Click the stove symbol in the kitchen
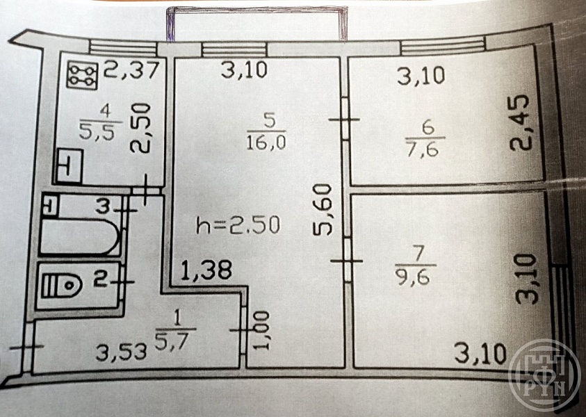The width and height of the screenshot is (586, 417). click(82, 76)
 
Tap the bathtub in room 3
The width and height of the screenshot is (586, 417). click(80, 238)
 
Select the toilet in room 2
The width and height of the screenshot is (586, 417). click(61, 286)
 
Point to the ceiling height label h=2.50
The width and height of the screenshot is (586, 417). click(238, 226)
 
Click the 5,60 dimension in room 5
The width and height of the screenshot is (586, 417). click(323, 210)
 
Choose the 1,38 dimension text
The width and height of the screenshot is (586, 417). click(206, 270)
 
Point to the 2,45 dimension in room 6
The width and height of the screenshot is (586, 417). click(520, 122)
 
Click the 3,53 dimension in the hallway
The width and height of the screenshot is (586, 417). click(121, 353)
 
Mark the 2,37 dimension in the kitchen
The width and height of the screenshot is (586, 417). click(131, 69)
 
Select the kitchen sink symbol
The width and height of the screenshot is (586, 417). click(69, 166)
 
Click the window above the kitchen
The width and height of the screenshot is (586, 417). click(122, 47)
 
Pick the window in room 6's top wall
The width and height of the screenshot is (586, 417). click(443, 46)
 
